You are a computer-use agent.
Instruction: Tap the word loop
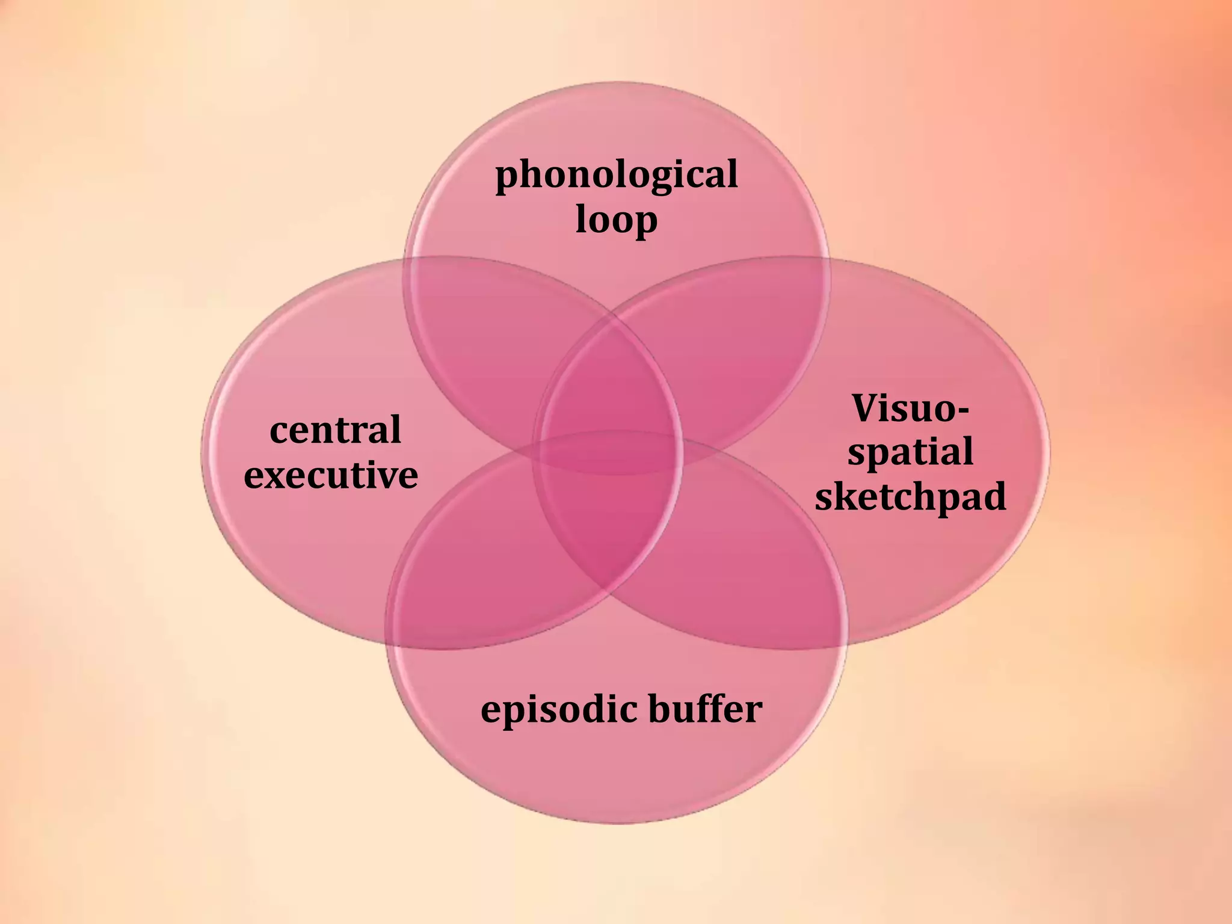[616, 220]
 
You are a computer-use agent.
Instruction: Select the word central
[335, 430]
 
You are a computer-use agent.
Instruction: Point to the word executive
[331, 475]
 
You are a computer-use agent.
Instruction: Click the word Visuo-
[910, 408]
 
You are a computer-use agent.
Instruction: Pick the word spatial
[910, 452]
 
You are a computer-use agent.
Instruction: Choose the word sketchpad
[910, 497]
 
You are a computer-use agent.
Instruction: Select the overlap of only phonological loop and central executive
[481, 337]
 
